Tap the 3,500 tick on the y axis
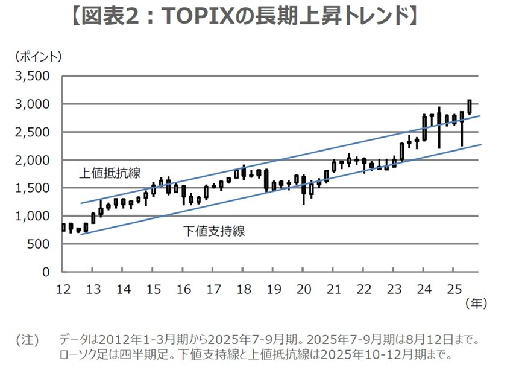point(33,77)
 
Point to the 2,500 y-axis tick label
point(33,132)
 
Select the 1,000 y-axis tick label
point(33,216)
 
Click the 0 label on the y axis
point(45,272)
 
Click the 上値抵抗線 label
point(110,174)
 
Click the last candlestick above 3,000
point(469,106)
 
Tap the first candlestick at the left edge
point(63,227)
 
